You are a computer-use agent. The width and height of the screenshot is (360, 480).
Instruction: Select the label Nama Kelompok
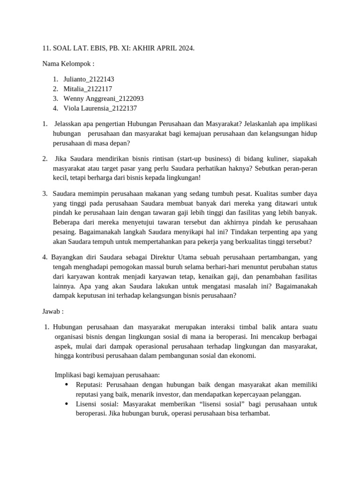point(68,64)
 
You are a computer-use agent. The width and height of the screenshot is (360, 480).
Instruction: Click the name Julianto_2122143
point(89,79)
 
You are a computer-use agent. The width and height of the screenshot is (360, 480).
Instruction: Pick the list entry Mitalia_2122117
point(88,89)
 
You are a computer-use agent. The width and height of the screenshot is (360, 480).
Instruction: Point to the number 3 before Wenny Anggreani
point(55,98)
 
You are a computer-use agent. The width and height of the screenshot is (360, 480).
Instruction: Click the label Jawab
point(52,311)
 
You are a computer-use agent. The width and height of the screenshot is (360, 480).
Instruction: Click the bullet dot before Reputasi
point(66,385)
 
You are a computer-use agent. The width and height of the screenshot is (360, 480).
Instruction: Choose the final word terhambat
point(254,414)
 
